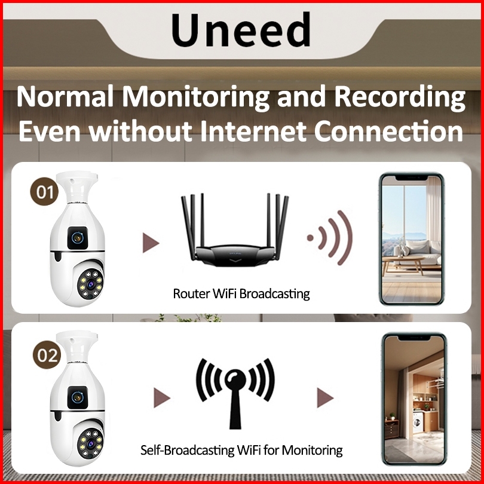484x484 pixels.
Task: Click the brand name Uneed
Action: click(x=241, y=29)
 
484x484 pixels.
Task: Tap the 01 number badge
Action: click(x=44, y=191)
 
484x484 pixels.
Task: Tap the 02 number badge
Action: click(x=47, y=355)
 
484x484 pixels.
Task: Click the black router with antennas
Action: click(x=235, y=230)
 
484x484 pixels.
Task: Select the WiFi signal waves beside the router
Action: click(x=330, y=238)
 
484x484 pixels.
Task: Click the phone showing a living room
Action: click(x=412, y=239)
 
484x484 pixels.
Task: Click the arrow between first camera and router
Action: click(x=151, y=243)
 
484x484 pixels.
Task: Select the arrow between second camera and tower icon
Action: click(x=162, y=397)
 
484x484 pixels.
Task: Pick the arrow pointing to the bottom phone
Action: click(x=325, y=397)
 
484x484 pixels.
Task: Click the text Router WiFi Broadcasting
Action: click(x=241, y=293)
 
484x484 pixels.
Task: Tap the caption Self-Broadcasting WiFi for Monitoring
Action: click(x=241, y=450)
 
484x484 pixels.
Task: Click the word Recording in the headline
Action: click(x=400, y=97)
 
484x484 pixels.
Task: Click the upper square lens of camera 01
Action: click(x=77, y=238)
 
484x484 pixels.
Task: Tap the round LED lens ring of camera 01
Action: click(x=90, y=284)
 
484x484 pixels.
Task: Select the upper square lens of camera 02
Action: click(x=78, y=397)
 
